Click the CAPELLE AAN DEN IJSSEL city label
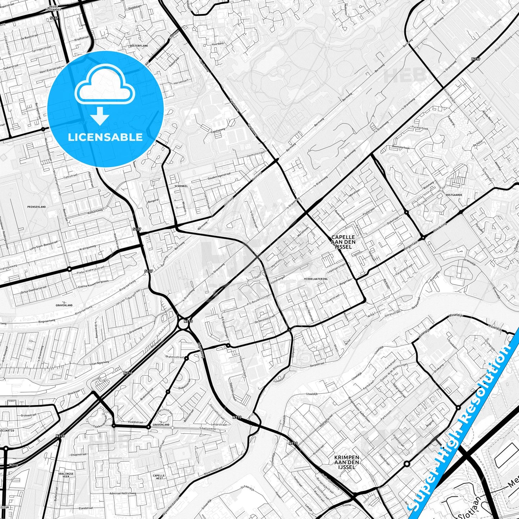(343, 242)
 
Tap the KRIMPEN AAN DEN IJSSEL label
(347, 462)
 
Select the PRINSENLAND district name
(37, 207)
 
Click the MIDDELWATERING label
(315, 279)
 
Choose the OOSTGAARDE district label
(454, 195)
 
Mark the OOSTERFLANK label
(138, 46)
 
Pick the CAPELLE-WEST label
(158, 477)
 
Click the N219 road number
(476, 59)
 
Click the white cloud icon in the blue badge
(105, 86)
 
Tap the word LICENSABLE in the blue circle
(105, 137)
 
